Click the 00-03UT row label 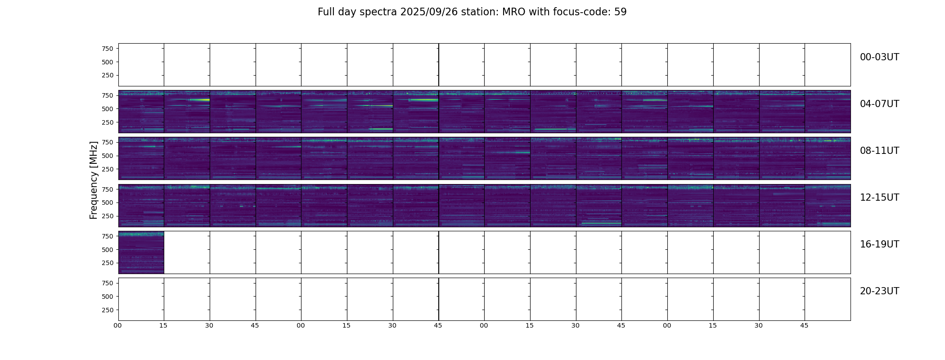click(x=879, y=57)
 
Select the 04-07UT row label click(x=879, y=104)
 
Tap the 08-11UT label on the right click(x=879, y=151)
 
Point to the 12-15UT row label click(x=879, y=198)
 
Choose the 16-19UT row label click(x=879, y=244)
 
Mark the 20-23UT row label click(x=879, y=291)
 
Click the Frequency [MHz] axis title click(x=94, y=180)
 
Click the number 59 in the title click(x=621, y=12)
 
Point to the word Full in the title click(x=325, y=12)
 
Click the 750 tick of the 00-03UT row click(x=108, y=49)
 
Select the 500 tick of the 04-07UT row click(x=108, y=109)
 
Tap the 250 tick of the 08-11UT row click(x=108, y=169)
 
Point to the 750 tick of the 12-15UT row click(x=108, y=189)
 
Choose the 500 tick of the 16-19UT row click(x=108, y=250)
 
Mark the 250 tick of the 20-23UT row click(x=108, y=310)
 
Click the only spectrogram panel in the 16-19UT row click(x=141, y=252)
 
